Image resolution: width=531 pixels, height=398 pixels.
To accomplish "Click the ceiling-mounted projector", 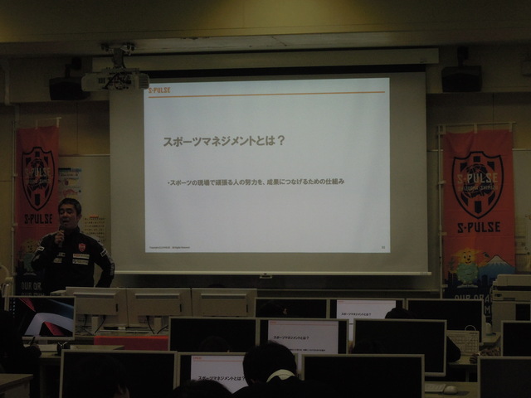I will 115,80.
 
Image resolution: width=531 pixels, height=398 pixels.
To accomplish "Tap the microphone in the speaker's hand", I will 60,235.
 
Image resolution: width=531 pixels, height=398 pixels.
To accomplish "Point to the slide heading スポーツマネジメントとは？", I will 224,141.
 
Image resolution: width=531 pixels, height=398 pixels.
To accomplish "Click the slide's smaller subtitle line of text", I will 255,180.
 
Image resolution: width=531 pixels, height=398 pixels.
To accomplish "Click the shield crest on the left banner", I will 37,177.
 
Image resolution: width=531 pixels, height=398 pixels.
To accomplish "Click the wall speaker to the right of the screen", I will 461,79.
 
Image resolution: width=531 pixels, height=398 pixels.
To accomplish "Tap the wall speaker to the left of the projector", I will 66,88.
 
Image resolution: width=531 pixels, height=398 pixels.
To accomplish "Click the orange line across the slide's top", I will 265,93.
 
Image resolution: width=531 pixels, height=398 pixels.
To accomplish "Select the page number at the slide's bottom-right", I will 382,246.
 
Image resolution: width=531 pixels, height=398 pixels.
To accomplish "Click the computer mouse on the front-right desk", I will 449,389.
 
